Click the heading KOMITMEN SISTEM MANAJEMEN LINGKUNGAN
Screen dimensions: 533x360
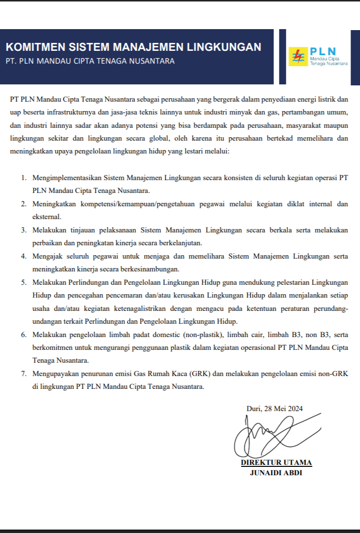coord(133,47)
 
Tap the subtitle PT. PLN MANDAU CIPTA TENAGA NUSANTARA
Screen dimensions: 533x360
coord(90,61)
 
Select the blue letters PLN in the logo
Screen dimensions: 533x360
coord(323,51)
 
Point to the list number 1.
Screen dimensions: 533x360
coord(23,178)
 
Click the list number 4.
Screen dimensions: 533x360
coord(23,257)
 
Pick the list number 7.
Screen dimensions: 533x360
coord(23,374)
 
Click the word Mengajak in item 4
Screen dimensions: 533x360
coord(47,257)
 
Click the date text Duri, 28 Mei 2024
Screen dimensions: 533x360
coord(274,409)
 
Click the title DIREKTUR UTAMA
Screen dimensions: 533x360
coord(276,463)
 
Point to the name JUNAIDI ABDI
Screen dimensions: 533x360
coord(276,473)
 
